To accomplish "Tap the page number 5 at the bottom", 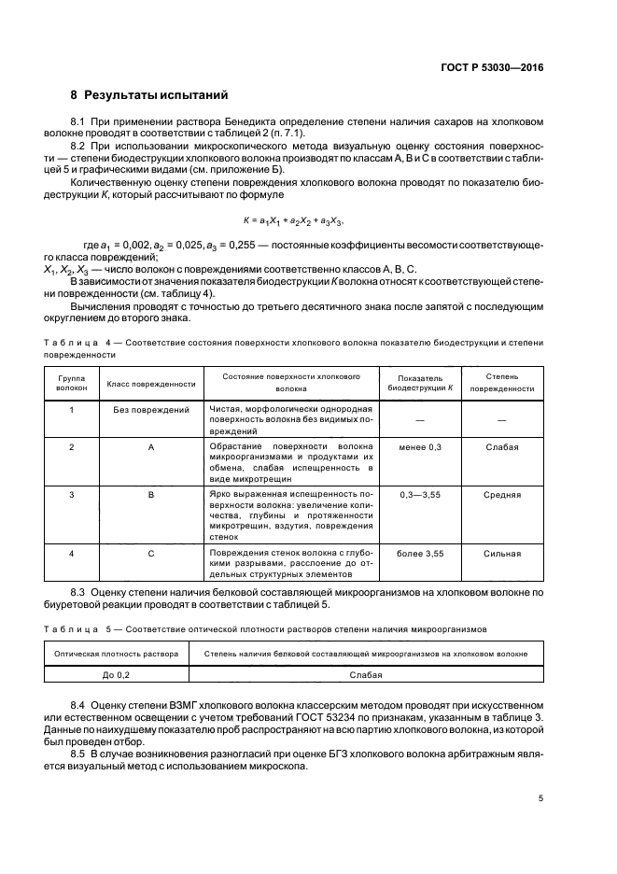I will (x=540, y=798).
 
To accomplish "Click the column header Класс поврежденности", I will (x=151, y=383).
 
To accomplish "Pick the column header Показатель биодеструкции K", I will (x=420, y=383).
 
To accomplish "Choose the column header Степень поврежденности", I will (x=502, y=383).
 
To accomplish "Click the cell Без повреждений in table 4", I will (x=151, y=410).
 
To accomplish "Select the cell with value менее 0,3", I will (x=420, y=447).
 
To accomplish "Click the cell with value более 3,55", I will (x=420, y=554).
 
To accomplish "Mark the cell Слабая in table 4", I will (x=502, y=447).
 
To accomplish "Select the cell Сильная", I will (x=502, y=554).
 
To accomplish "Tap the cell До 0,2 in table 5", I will (x=117, y=672).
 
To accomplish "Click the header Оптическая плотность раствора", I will (x=117, y=654).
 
